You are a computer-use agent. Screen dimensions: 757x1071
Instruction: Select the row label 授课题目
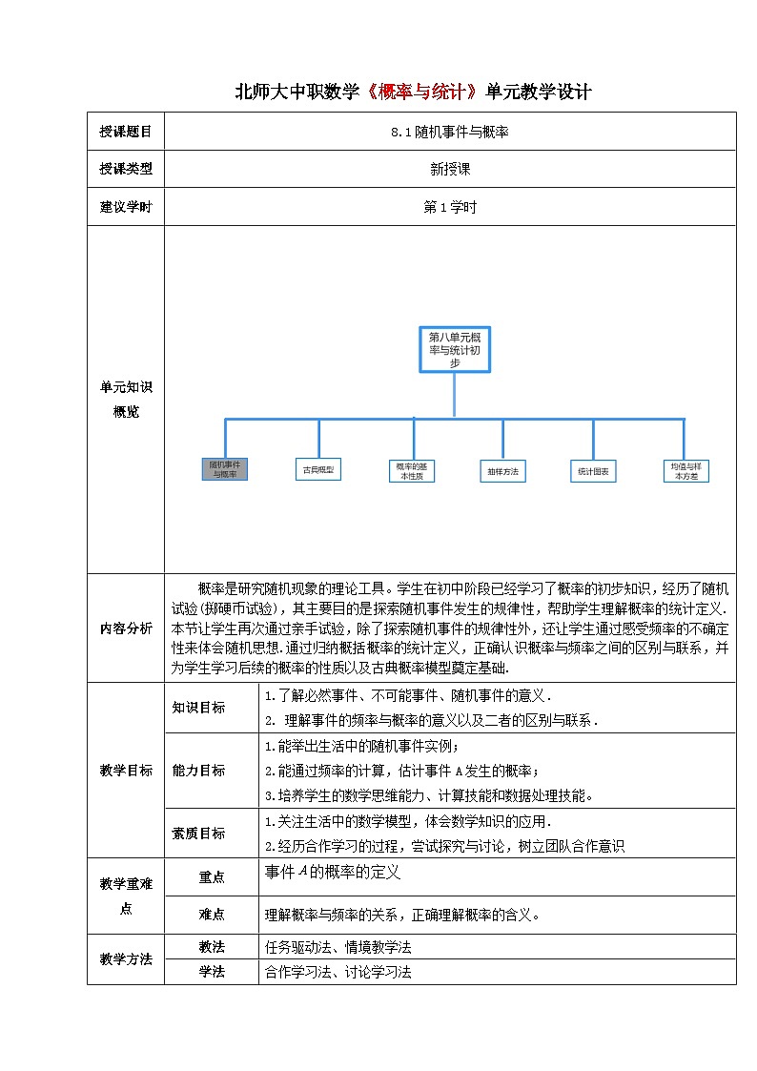point(125,132)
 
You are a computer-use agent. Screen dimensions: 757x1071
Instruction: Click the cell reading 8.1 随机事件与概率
point(449,132)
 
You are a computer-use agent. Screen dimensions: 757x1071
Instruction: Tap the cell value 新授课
point(450,169)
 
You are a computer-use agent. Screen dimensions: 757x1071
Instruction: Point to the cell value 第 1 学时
point(450,207)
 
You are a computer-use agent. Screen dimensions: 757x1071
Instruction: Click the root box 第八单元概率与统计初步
point(454,349)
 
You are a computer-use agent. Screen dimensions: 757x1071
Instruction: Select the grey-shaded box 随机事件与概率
point(225,469)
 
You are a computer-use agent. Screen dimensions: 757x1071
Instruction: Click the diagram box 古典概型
point(318,470)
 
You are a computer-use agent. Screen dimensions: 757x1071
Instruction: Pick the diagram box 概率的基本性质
point(411,470)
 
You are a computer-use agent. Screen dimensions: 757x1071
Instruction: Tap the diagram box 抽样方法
point(502,470)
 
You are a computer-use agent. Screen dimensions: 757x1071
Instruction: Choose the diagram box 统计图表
point(594,470)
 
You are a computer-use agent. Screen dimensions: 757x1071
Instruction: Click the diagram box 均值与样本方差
point(686,470)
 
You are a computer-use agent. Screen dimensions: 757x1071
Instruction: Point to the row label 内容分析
point(125,628)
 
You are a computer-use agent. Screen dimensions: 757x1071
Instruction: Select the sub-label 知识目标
point(198,708)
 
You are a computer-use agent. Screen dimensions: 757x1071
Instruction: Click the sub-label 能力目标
point(198,771)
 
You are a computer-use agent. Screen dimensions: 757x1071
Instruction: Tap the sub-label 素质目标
point(198,833)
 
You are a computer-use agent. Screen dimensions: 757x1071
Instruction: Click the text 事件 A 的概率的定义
point(333,871)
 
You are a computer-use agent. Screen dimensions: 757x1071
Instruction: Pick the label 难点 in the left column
point(212,914)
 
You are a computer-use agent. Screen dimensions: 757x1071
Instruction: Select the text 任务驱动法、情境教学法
point(338,948)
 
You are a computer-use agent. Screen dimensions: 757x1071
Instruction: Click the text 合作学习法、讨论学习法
point(338,972)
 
